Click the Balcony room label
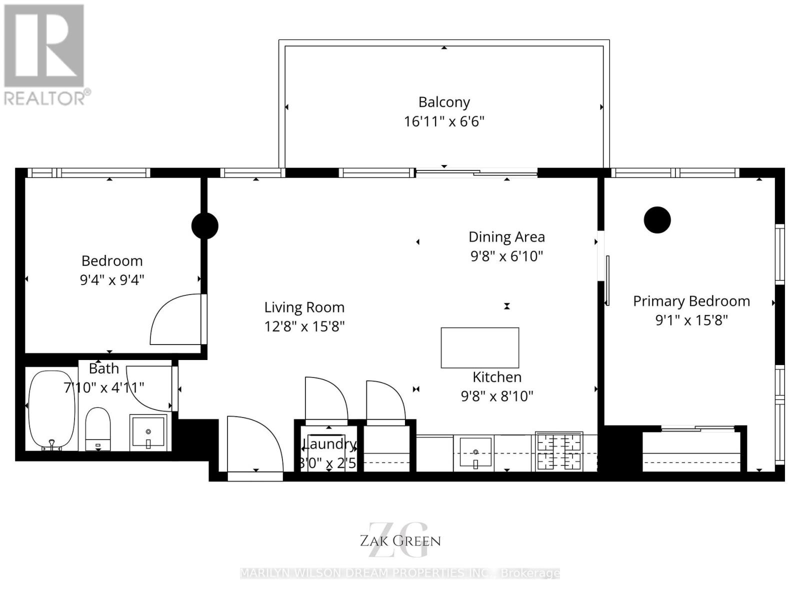click(444, 102)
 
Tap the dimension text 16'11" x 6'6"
click(444, 121)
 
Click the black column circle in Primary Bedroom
click(657, 220)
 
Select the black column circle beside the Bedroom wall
click(205, 226)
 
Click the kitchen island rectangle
click(479, 347)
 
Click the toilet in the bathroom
click(98, 429)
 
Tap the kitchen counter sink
click(475, 452)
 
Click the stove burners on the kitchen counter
click(559, 451)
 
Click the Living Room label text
click(304, 307)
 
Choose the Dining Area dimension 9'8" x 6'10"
click(506, 256)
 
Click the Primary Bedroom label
click(691, 301)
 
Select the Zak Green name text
click(400, 540)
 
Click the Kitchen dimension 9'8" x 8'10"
click(497, 396)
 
